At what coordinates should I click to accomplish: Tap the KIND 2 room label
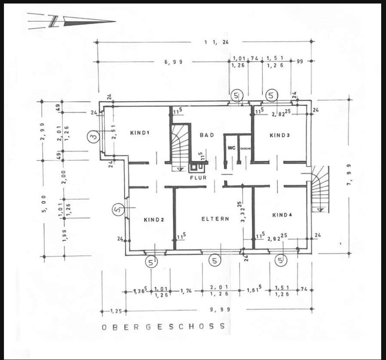click(x=154, y=220)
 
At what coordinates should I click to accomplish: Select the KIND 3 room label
click(x=279, y=135)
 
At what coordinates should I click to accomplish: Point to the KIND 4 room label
click(x=282, y=215)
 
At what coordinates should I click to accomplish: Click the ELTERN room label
click(x=215, y=219)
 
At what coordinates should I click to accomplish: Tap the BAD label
click(x=207, y=135)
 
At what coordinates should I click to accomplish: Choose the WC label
click(x=231, y=148)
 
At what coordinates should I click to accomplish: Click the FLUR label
click(x=198, y=178)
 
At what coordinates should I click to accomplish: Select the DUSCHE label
click(x=246, y=149)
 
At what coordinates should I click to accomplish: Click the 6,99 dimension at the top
click(x=173, y=62)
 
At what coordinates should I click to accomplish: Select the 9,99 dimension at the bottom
click(x=219, y=310)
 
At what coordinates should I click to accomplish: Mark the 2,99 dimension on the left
click(x=43, y=130)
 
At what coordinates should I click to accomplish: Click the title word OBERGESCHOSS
click(x=163, y=327)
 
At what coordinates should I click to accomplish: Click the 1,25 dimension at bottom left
click(x=116, y=311)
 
